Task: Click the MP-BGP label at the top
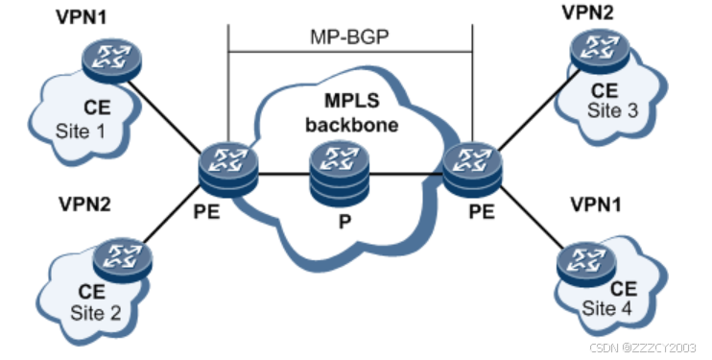point(349,36)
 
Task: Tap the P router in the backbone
point(339,174)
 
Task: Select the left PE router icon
point(228,169)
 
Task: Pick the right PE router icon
point(472,169)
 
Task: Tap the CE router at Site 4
point(586,264)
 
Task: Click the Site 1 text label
point(81,132)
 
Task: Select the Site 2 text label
point(96,313)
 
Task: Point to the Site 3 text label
point(612,110)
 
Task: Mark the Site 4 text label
point(606,308)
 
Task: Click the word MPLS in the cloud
point(352,101)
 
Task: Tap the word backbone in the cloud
point(352,125)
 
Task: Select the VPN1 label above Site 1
point(82,17)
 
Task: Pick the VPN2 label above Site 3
point(588,12)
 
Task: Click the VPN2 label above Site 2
point(84,204)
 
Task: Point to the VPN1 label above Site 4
point(596,205)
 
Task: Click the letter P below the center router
point(344,223)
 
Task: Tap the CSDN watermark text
point(643,348)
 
